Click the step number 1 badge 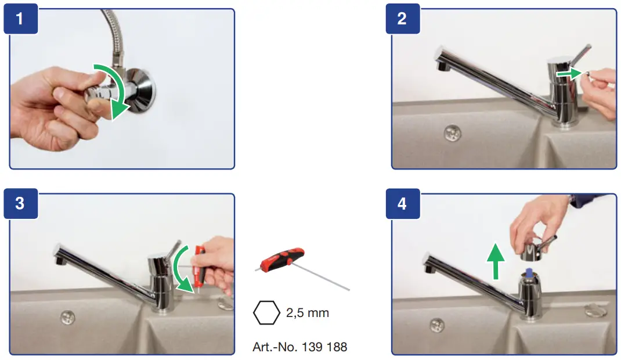point(20,19)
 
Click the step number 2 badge point(402,19)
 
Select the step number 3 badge point(20,204)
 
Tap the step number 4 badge point(402,204)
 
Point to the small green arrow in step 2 point(567,73)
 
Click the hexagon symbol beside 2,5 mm point(267,313)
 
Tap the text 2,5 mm point(308,313)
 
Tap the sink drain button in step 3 point(67,317)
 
